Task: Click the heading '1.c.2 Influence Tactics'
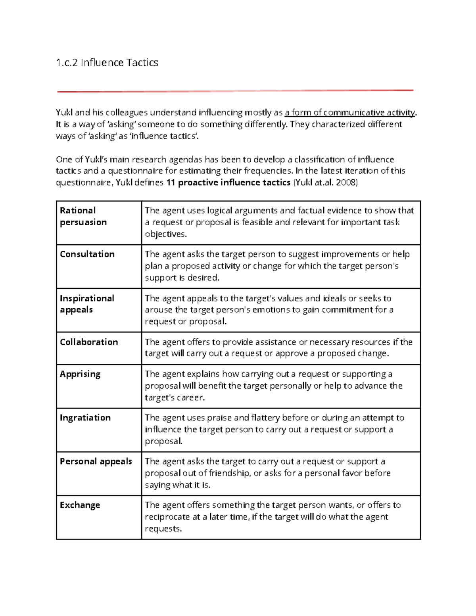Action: point(107,63)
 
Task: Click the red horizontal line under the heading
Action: point(235,91)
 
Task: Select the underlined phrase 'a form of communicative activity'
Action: point(349,113)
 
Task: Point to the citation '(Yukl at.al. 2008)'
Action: point(325,182)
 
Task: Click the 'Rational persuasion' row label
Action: point(83,216)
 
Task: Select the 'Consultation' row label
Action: point(87,254)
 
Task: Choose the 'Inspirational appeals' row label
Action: point(87,304)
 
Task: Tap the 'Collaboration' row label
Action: point(89,342)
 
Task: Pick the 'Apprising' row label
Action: point(80,374)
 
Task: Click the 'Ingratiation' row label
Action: point(85,418)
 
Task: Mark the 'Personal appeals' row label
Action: point(96,461)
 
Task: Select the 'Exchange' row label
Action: point(80,505)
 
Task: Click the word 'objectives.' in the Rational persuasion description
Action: point(165,234)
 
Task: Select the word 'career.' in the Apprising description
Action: point(190,397)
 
